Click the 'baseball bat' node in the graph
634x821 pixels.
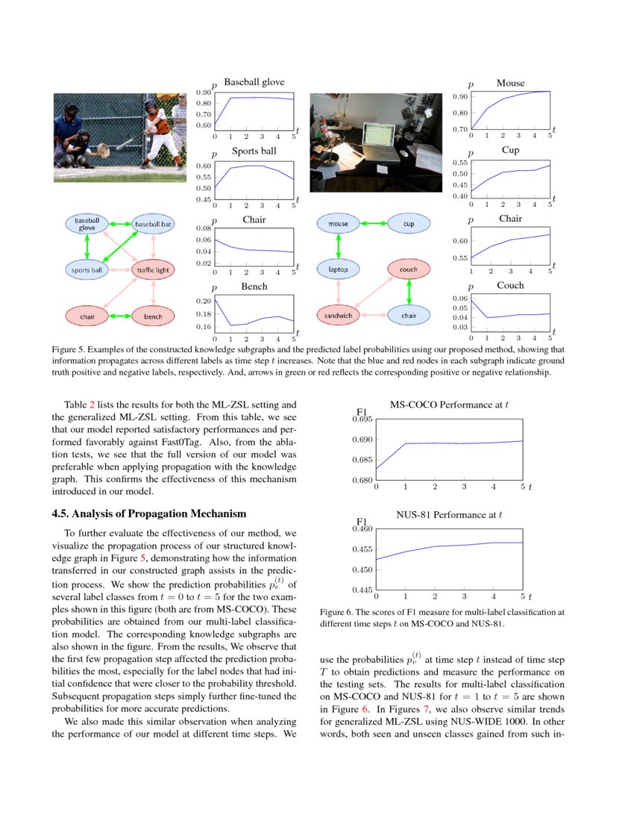(x=153, y=223)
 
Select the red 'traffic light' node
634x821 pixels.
(x=153, y=269)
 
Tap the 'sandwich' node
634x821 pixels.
(x=338, y=316)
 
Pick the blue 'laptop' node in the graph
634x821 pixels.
(x=338, y=269)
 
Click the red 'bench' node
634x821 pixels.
(x=153, y=316)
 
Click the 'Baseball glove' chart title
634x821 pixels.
(x=254, y=82)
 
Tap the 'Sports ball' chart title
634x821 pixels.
(x=254, y=151)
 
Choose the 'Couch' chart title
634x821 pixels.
(x=510, y=285)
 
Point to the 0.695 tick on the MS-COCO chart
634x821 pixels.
(x=361, y=419)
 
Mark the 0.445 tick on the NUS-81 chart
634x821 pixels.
(x=361, y=590)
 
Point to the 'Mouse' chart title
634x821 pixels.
(x=510, y=83)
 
